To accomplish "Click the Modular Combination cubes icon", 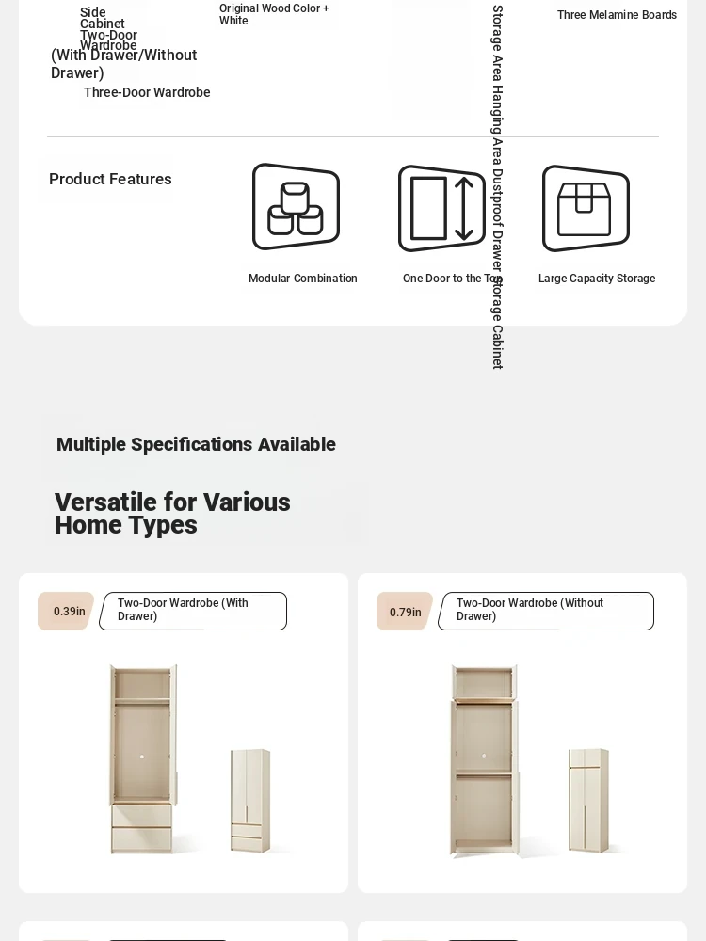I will pyautogui.click(x=296, y=207).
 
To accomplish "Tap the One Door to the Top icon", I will pyautogui.click(x=441, y=208).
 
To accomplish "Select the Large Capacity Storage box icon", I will pyautogui.click(x=586, y=208).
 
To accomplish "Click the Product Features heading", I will pyautogui.click(x=110, y=179).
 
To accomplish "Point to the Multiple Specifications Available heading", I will pyautogui.click(x=196, y=444).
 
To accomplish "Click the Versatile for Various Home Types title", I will pyautogui.click(x=172, y=514).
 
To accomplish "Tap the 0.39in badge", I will pyautogui.click(x=67, y=612).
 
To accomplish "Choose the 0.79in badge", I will pyautogui.click(x=405, y=612).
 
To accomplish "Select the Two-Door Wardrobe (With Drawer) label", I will pyautogui.click(x=192, y=611).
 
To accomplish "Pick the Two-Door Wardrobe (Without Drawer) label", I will pyautogui.click(x=545, y=611).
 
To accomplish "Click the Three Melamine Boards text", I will pyautogui.click(x=617, y=15).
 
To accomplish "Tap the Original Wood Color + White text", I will pyautogui.click(x=274, y=14).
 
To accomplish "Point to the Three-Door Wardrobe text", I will pyautogui.click(x=147, y=92).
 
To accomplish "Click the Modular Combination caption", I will pyautogui.click(x=303, y=279).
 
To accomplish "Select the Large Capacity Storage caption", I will pyautogui.click(x=597, y=279).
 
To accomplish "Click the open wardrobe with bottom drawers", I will pyautogui.click(x=142, y=758).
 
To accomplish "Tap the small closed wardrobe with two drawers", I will pyautogui.click(x=250, y=801).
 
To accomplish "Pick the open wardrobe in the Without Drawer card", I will pyautogui.click(x=484, y=760).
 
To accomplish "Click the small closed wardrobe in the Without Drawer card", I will pyautogui.click(x=588, y=801).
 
